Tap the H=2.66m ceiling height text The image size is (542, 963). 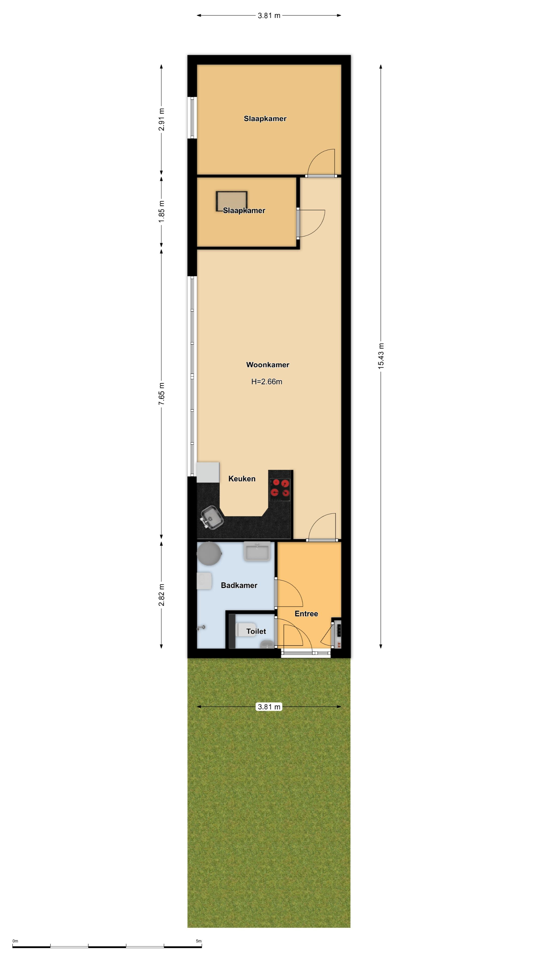click(x=267, y=382)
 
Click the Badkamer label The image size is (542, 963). click(x=239, y=585)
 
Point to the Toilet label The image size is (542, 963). click(x=256, y=631)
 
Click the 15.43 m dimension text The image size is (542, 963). click(x=381, y=356)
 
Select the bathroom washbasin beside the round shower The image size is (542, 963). click(x=257, y=551)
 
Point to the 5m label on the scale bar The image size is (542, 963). click(x=199, y=941)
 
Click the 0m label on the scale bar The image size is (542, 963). click(x=15, y=941)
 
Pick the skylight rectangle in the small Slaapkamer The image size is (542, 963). click(x=232, y=201)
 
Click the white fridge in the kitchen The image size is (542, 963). click(x=208, y=472)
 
